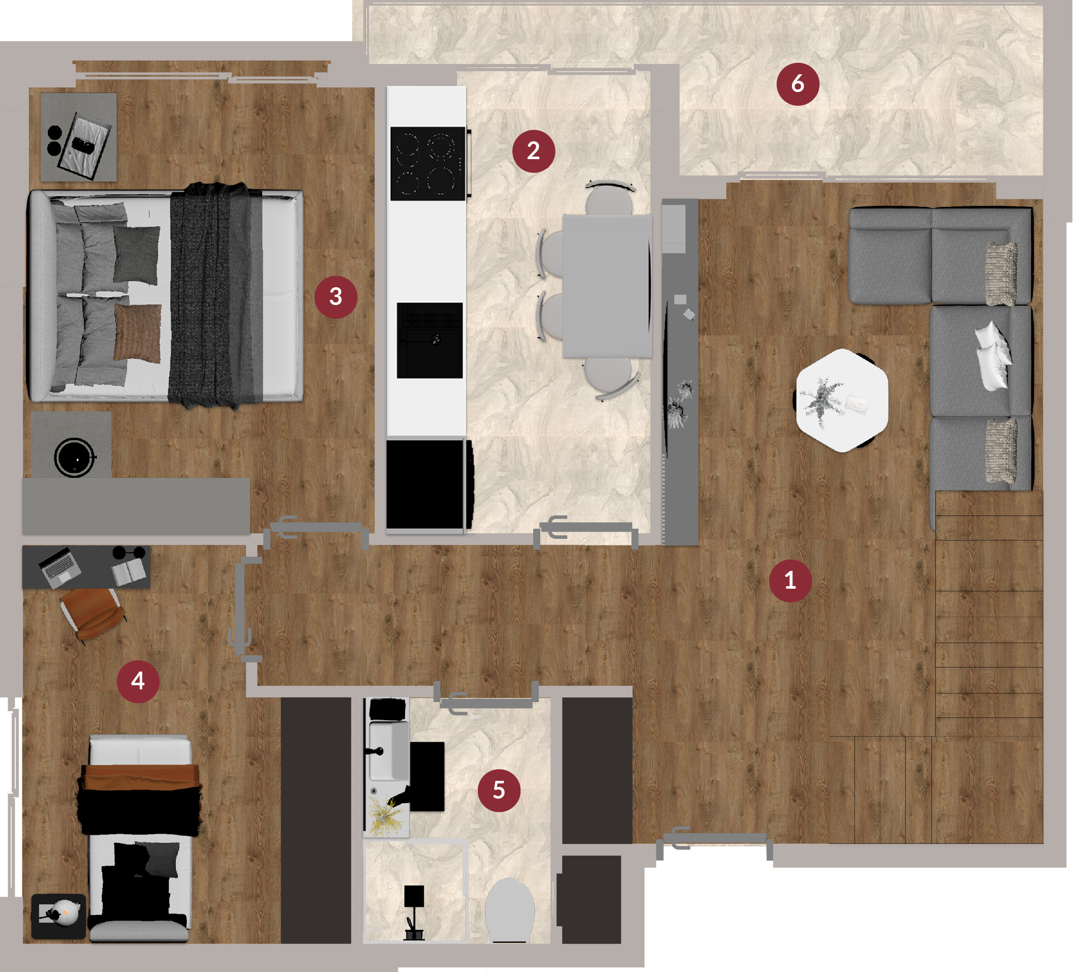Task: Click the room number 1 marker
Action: pyautogui.click(x=790, y=580)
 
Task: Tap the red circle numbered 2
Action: pyautogui.click(x=533, y=150)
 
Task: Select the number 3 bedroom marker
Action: pyautogui.click(x=335, y=296)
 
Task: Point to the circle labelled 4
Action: pyautogui.click(x=138, y=681)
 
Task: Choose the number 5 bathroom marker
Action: pyautogui.click(x=499, y=790)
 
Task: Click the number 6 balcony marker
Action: pyautogui.click(x=798, y=83)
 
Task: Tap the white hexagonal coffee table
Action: pyautogui.click(x=842, y=400)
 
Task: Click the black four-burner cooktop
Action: pyautogui.click(x=428, y=163)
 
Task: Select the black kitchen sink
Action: pyautogui.click(x=430, y=340)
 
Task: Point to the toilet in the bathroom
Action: pyautogui.click(x=509, y=910)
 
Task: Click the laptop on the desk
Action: pyautogui.click(x=60, y=567)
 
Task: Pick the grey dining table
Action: pyautogui.click(x=607, y=286)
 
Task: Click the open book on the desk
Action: pyautogui.click(x=128, y=572)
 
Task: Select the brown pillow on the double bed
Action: pyautogui.click(x=137, y=334)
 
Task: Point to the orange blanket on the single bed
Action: pyautogui.click(x=141, y=777)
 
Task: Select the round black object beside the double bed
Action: pyautogui.click(x=75, y=457)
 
